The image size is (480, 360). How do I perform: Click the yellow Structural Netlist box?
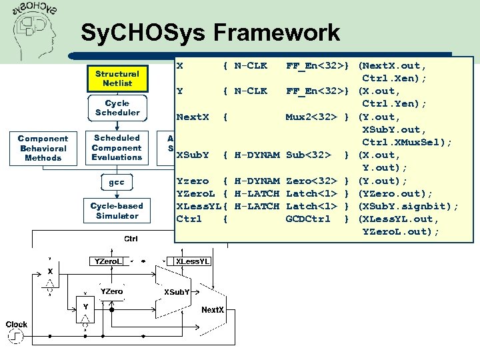pyautogui.click(x=117, y=79)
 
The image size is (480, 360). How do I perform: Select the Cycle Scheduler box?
pyautogui.click(x=117, y=108)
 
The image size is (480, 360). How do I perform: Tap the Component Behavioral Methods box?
pyautogui.click(x=43, y=148)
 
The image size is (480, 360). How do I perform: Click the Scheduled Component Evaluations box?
pyautogui.click(x=117, y=147)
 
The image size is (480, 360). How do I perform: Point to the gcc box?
pyautogui.click(x=117, y=181)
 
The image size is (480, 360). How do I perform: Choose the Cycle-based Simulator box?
pyautogui.click(x=117, y=211)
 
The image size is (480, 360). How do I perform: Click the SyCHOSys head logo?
pyautogui.click(x=37, y=30)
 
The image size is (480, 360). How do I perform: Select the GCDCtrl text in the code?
pyautogui.click(x=307, y=219)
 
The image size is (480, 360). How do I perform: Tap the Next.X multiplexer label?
pyautogui.click(x=213, y=310)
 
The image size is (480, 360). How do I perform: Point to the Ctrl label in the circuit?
pyautogui.click(x=131, y=238)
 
